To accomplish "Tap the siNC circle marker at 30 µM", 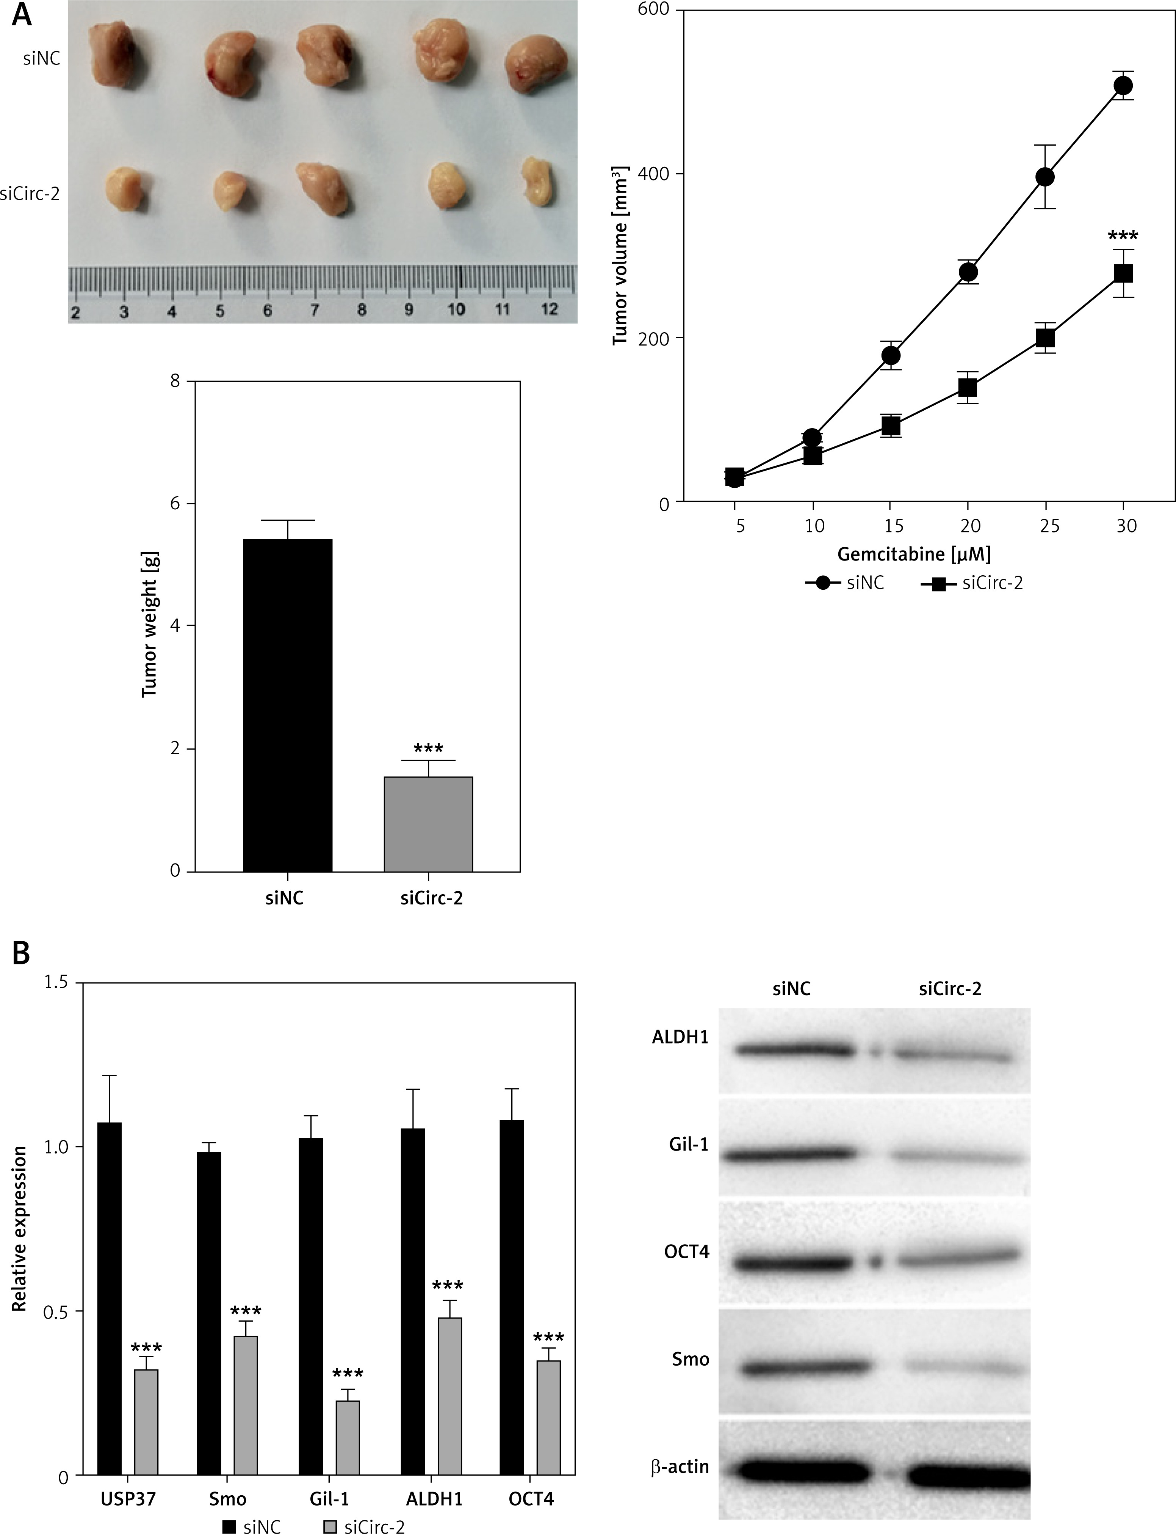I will [1123, 85].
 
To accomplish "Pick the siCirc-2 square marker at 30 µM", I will [1123, 273].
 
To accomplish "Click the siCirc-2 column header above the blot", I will [949, 988].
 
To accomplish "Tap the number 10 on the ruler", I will [456, 309].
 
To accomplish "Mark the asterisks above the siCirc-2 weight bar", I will [428, 748].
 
